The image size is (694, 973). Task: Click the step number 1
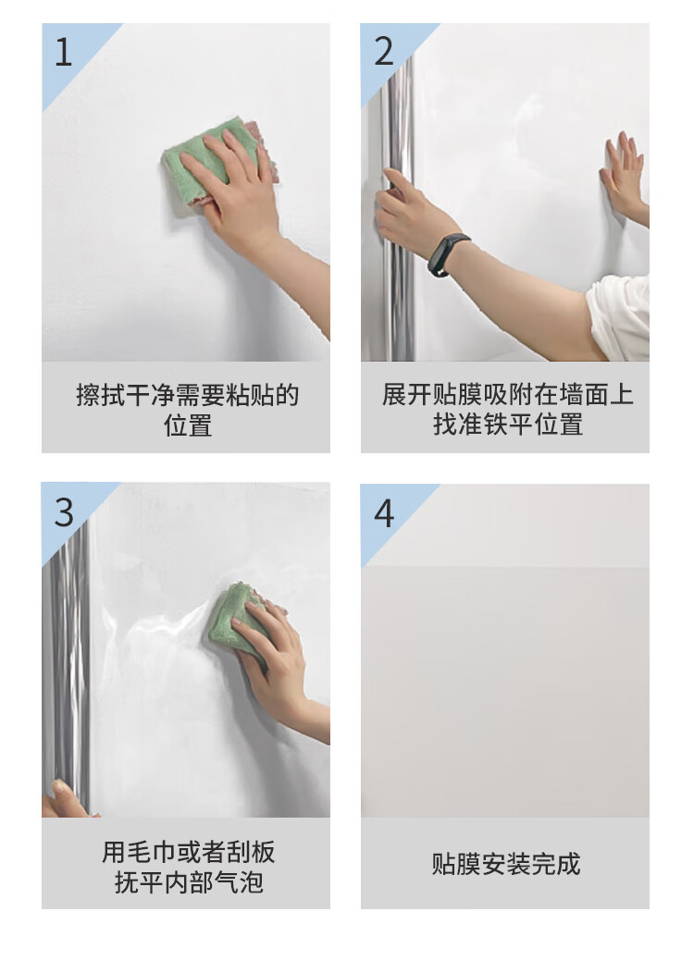63,52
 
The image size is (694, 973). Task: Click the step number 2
384,52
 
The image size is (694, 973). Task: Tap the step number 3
64,513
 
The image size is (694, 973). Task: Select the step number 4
384,514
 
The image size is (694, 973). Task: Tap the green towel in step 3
239,620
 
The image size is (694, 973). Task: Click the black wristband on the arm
447,253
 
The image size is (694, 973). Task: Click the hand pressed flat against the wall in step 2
624,174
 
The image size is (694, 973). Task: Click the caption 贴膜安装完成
506,864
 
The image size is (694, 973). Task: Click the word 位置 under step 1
188,425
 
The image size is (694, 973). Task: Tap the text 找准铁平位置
508,425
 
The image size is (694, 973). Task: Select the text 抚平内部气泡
189,881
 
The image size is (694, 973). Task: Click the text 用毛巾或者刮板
188,852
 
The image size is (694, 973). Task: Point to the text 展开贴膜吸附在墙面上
508,395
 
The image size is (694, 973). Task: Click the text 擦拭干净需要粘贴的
188,395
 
